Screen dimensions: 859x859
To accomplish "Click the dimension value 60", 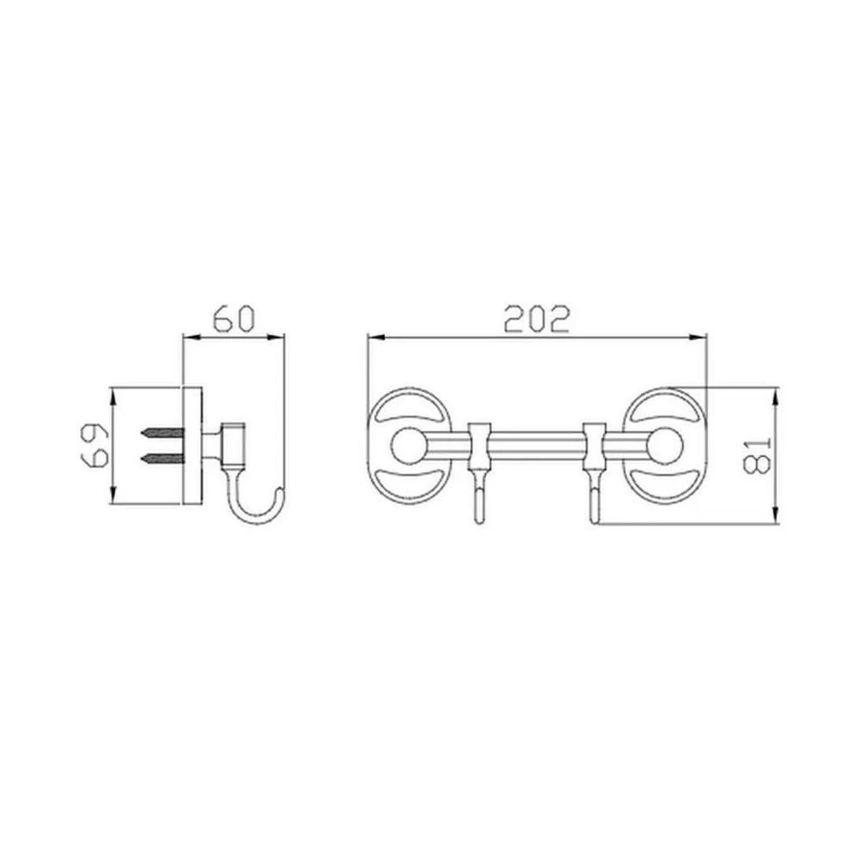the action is point(234,320).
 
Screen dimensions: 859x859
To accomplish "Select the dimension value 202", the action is point(537,320).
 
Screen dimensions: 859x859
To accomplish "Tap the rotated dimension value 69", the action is point(97,445).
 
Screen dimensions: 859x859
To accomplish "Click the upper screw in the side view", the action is point(161,433).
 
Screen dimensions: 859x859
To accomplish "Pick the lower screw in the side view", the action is point(161,458).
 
